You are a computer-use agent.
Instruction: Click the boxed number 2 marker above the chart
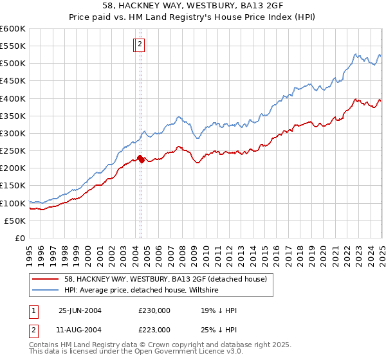click(x=140, y=44)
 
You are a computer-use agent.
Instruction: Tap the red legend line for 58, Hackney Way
click(x=46, y=278)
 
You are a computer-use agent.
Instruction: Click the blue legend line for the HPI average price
click(x=46, y=291)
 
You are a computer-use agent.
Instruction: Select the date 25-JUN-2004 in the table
click(x=80, y=310)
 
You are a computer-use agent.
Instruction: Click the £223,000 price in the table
click(x=154, y=330)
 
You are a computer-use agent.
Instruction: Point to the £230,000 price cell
click(x=154, y=310)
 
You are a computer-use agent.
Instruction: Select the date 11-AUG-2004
click(x=80, y=330)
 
